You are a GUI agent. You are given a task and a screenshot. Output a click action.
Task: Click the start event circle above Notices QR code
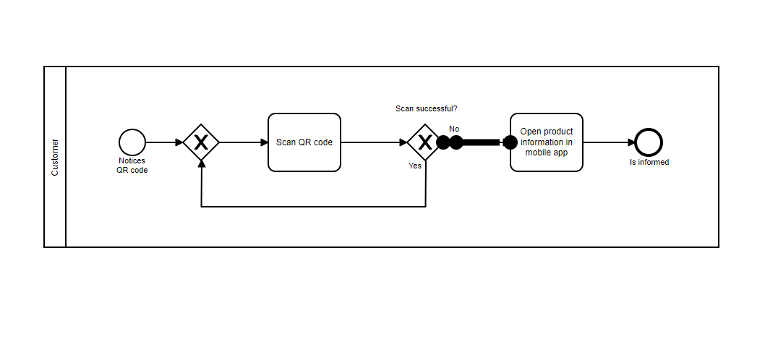[x=132, y=142]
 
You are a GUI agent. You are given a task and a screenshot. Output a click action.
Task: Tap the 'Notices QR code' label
[x=132, y=166]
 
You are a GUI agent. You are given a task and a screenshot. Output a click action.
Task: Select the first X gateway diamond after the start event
[x=201, y=142]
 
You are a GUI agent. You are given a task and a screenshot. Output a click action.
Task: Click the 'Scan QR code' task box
[x=304, y=142]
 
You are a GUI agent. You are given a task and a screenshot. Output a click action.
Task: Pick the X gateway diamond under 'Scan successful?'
[x=425, y=142]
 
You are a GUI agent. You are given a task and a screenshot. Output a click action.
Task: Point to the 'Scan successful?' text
[x=426, y=109]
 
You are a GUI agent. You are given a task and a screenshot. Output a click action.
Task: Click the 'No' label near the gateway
[x=454, y=129]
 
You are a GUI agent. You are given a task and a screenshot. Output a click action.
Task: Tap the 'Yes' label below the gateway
[x=415, y=166]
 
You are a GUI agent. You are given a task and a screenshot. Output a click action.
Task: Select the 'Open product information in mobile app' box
[x=546, y=142]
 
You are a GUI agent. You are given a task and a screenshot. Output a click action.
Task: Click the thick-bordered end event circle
[x=649, y=142]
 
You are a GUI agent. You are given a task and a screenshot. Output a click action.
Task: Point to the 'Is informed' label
[x=649, y=163]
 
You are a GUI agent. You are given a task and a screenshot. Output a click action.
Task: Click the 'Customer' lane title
[x=55, y=157]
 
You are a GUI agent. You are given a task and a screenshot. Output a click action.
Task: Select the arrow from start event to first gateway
[x=164, y=142]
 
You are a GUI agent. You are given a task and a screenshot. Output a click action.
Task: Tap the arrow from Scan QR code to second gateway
[x=373, y=142]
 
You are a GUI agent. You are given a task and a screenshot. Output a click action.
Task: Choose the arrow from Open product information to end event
[x=609, y=142]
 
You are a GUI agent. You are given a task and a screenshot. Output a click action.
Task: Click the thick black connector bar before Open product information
[x=481, y=142]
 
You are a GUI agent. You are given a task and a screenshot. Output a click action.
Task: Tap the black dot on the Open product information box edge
[x=510, y=142]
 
